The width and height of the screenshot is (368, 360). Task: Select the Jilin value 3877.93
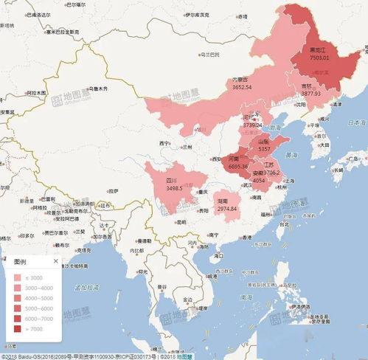pos(311,94)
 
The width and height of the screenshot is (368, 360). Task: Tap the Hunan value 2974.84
pos(227,209)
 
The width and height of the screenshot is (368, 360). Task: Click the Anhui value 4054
pos(258,180)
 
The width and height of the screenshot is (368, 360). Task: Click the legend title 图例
pos(22,261)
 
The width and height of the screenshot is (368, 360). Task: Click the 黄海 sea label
pos(293,155)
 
